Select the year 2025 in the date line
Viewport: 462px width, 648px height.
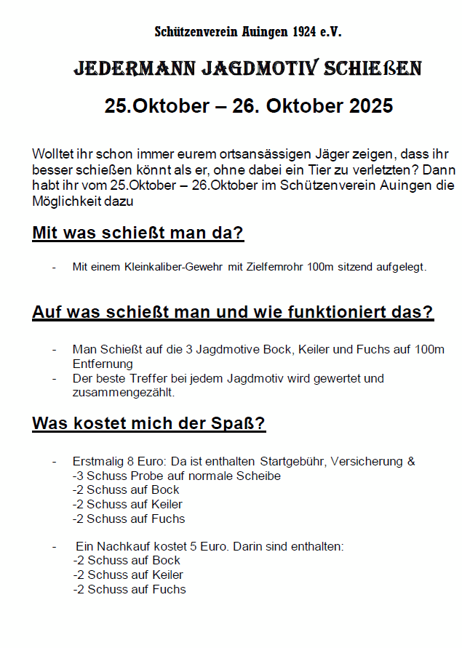click(370, 106)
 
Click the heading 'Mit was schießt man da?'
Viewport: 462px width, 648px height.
click(138, 233)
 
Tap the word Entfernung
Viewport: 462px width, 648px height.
click(103, 364)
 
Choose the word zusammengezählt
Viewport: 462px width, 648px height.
click(124, 393)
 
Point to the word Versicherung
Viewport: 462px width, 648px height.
click(367, 462)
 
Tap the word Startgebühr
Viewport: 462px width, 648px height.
click(290, 462)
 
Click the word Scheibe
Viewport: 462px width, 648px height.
click(260, 476)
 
